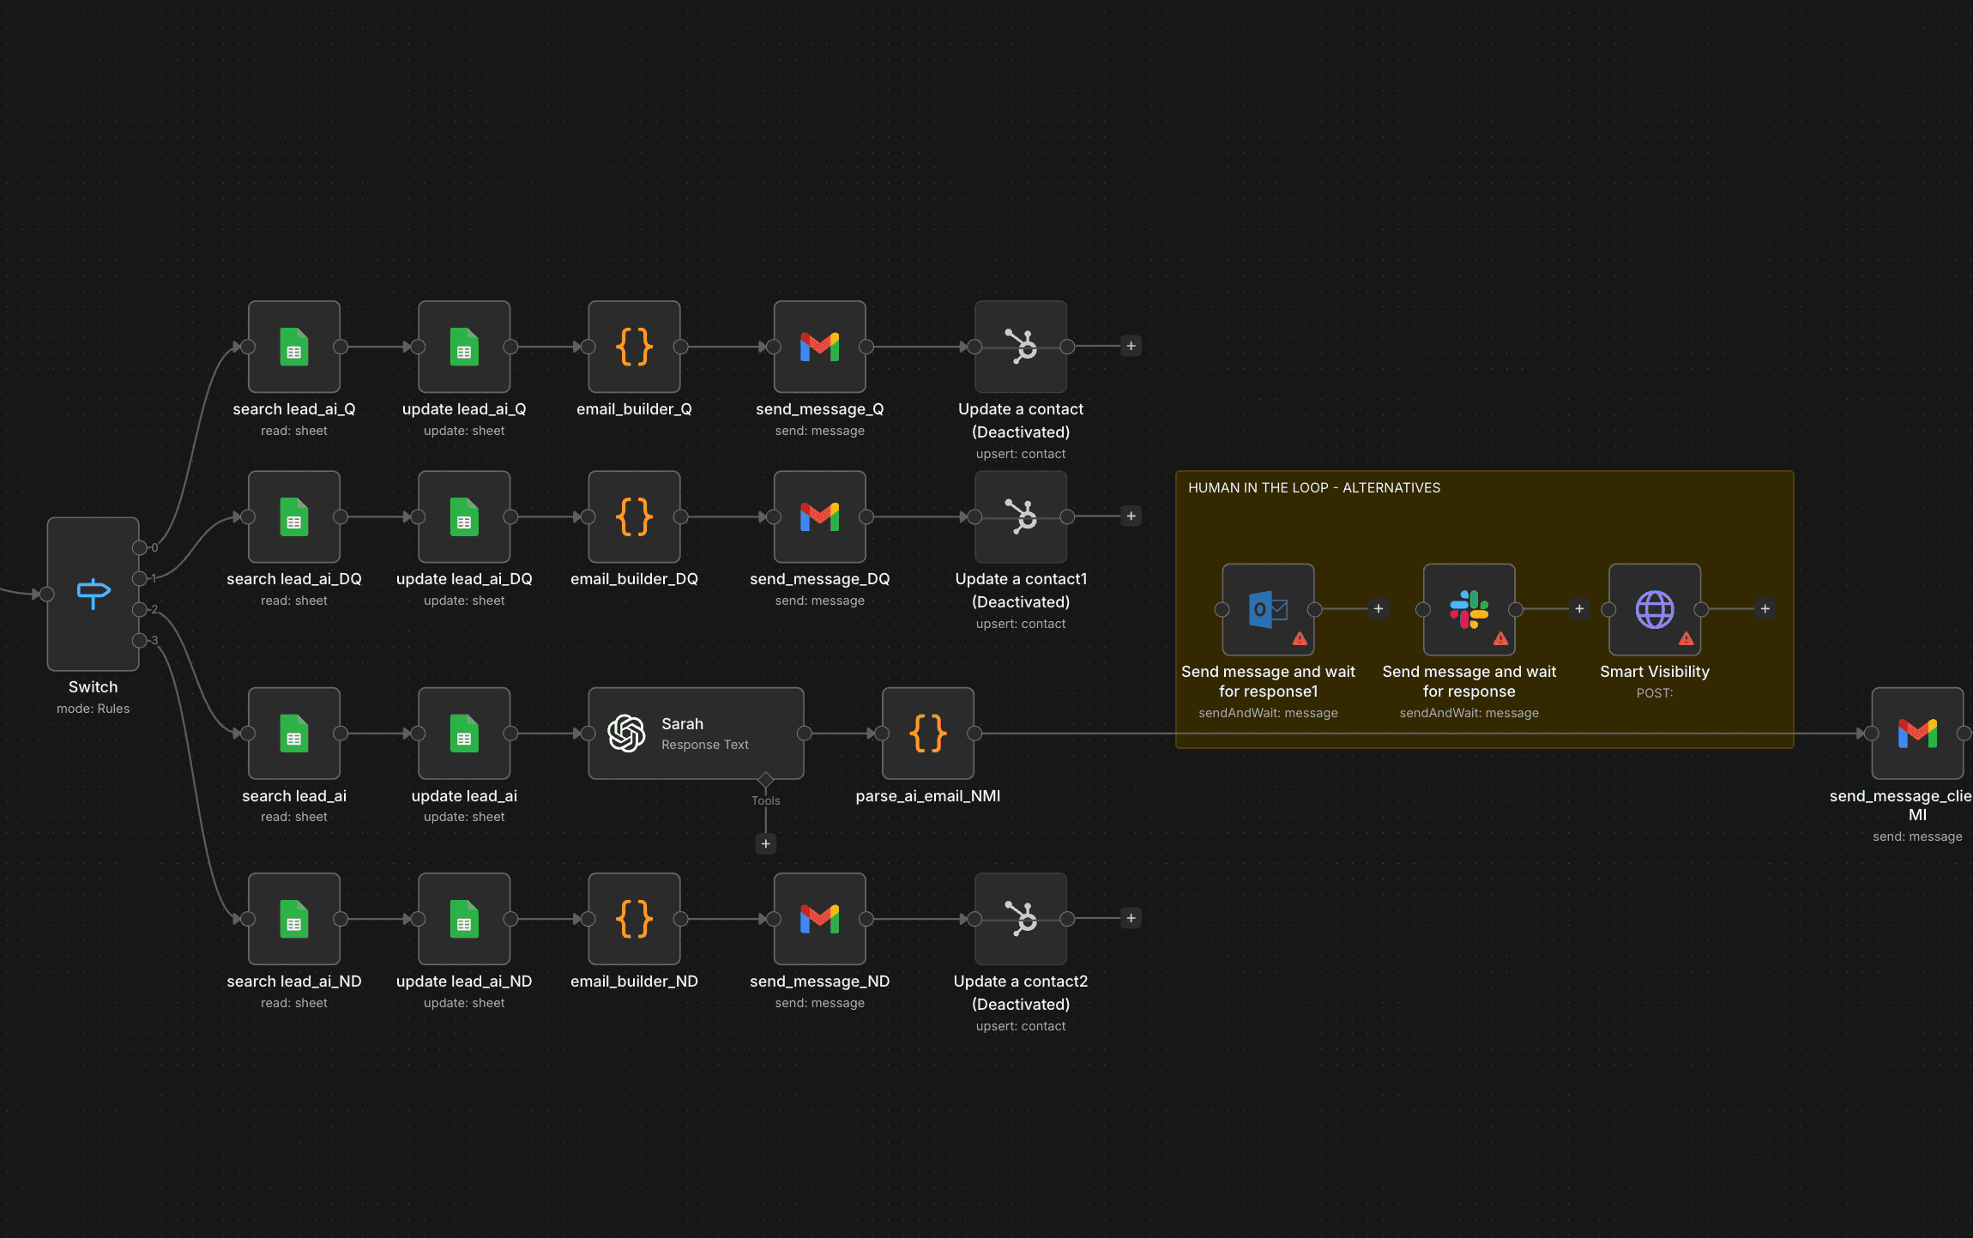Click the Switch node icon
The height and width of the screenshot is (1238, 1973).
click(x=93, y=593)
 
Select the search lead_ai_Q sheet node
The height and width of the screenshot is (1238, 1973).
click(x=293, y=347)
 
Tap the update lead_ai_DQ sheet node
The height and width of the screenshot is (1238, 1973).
click(x=463, y=516)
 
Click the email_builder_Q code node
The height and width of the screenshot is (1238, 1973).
click(x=634, y=347)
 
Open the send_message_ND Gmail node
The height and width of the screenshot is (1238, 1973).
click(x=819, y=919)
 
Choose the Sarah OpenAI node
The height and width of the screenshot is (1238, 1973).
click(x=695, y=734)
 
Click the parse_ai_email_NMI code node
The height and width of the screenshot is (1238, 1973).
click(x=927, y=734)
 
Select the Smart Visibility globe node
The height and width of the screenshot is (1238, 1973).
click(x=1654, y=609)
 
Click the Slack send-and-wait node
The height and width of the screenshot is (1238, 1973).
click(x=1469, y=609)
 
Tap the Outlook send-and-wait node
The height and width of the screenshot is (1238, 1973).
click(x=1268, y=609)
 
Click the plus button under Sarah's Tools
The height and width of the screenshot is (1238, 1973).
click(x=765, y=844)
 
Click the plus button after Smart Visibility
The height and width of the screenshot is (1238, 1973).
click(x=1765, y=609)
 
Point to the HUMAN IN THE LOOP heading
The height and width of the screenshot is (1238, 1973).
click(x=1313, y=488)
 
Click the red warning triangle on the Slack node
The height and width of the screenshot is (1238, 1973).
click(x=1500, y=638)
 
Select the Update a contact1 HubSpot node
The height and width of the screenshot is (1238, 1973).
click(x=1020, y=516)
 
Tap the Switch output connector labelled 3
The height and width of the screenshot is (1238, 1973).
click(x=139, y=640)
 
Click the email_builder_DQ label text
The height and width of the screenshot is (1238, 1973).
click(x=634, y=579)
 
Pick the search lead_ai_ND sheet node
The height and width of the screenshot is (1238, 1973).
click(x=293, y=919)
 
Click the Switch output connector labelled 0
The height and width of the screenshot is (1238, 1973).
click(x=139, y=547)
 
